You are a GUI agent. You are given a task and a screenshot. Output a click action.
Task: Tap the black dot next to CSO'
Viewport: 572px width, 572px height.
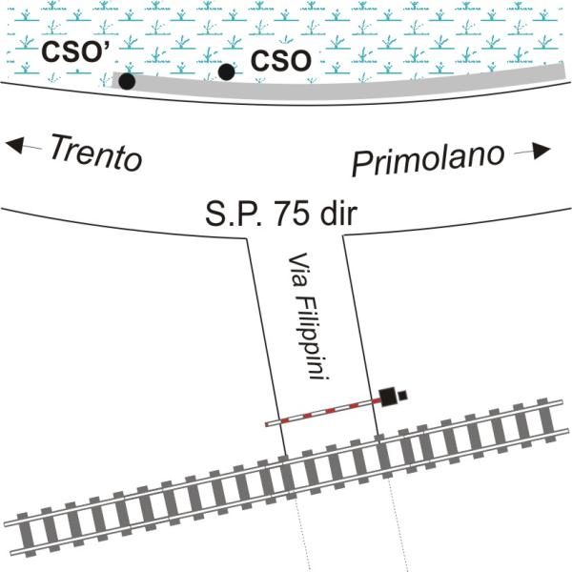click(126, 82)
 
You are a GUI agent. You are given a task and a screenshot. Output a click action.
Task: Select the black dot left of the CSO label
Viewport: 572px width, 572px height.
click(226, 71)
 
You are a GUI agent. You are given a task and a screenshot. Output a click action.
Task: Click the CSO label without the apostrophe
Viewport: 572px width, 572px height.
click(280, 61)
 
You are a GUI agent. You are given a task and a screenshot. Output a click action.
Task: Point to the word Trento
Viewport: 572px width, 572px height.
click(94, 153)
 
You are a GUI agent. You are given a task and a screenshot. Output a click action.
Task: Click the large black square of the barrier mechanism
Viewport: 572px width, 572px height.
click(387, 397)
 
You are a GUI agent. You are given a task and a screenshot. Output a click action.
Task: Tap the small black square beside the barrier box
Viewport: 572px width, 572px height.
click(403, 395)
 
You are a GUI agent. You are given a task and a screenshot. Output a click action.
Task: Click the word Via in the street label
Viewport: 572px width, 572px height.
click(296, 268)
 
